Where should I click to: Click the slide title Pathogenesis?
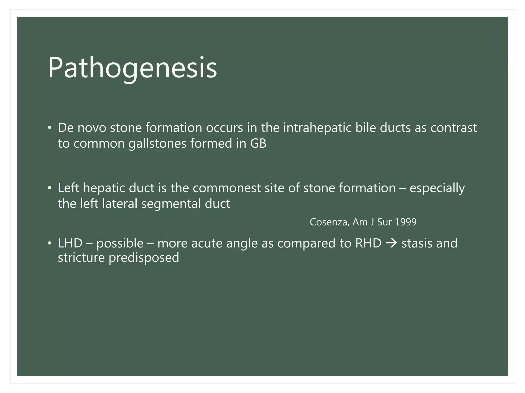coord(132,68)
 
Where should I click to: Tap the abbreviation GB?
coord(258,143)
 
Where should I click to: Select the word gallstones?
coord(157,143)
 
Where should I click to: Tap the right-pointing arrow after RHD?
coord(391,243)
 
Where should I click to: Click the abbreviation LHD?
coord(70,243)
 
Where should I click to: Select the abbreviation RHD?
coord(368,243)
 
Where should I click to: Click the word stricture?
coord(81,257)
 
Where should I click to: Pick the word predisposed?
coord(144,257)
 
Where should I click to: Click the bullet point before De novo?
coord(50,128)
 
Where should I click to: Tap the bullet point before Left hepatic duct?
coord(50,188)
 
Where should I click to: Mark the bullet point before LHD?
coord(50,243)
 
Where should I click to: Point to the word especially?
coord(437,188)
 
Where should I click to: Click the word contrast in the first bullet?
coord(453,128)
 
